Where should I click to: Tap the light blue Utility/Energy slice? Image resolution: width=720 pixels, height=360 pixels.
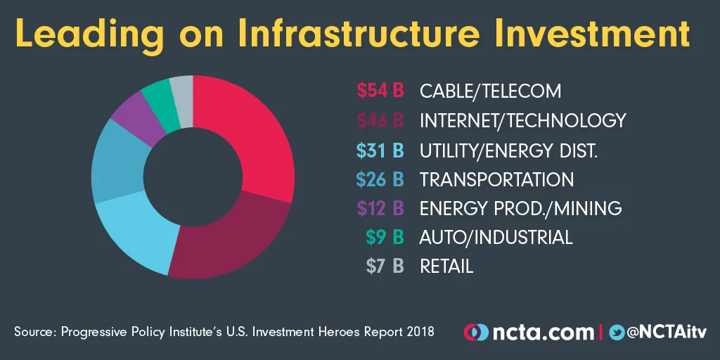point(134,236)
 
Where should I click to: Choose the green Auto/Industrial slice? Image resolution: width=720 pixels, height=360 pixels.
point(157,98)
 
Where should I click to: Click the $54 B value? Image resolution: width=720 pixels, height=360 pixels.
point(380,91)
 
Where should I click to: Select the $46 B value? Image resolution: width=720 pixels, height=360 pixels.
point(380,120)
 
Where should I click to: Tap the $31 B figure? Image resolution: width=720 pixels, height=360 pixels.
point(380,150)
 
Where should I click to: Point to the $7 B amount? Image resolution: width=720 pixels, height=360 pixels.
point(385,266)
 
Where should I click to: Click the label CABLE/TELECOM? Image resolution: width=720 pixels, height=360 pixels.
point(490,91)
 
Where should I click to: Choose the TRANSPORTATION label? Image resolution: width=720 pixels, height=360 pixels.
point(496,179)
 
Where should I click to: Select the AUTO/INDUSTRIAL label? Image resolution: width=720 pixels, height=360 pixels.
point(496,237)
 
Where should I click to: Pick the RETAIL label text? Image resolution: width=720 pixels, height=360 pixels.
point(446,266)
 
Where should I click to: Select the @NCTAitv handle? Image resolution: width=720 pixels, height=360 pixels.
point(667,331)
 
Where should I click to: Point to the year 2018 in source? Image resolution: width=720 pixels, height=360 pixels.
point(419,331)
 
